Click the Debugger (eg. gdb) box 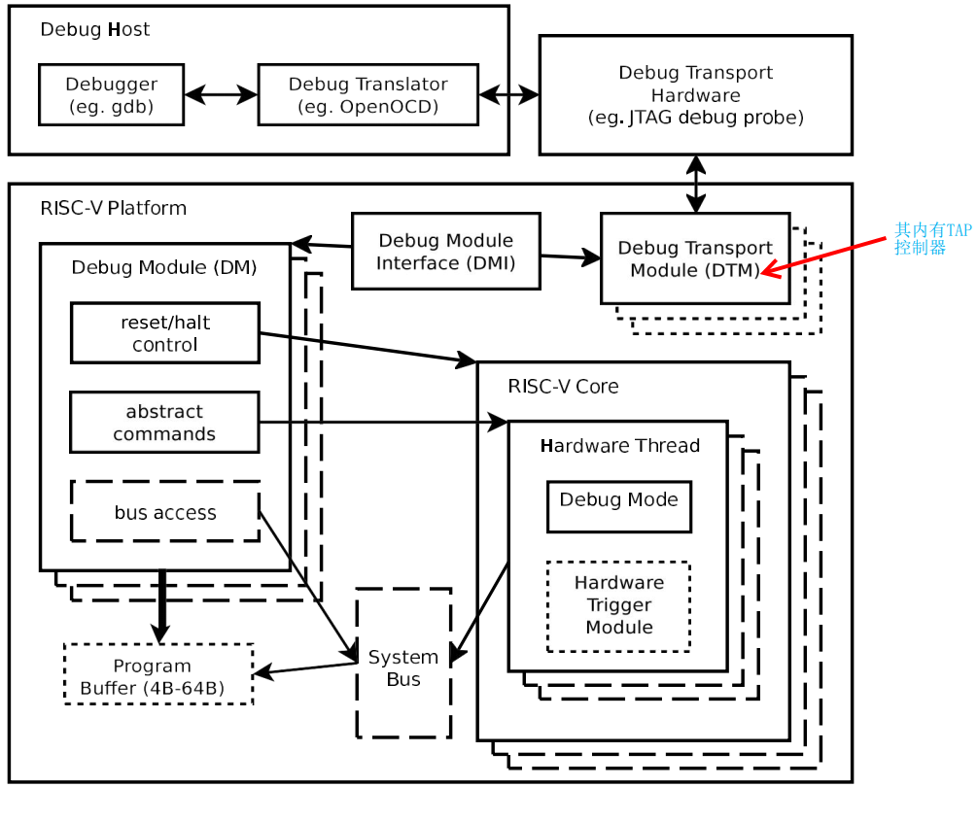pos(111,95)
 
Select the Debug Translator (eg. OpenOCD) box pos(367,95)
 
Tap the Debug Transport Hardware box pos(695,95)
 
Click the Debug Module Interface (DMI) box pos(445,252)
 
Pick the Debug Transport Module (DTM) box pos(695,258)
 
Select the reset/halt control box pos(164,333)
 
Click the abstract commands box pos(164,423)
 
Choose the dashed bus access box pos(164,512)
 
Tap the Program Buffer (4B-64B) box pos(157,675)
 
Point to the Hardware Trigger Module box pos(618,605)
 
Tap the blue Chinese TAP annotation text pos(930,239)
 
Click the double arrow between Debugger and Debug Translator pos(221,95)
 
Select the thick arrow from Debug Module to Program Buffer pos(161,605)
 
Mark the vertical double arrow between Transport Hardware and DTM pos(696,184)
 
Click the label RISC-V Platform pos(113,208)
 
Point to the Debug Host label pos(94,30)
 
